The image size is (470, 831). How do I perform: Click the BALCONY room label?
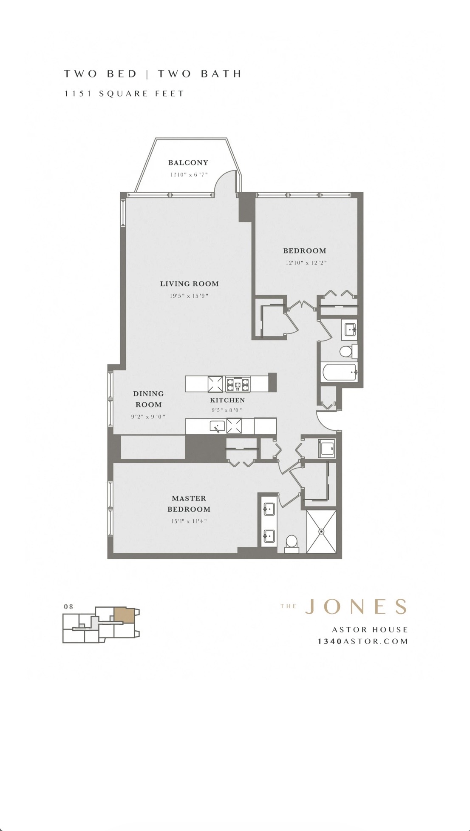(188, 162)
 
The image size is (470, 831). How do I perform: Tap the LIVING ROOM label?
(189, 284)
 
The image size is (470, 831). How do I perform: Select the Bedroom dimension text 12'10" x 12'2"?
(306, 263)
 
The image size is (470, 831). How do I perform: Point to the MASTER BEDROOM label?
(189, 504)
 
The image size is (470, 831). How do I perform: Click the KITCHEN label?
(227, 400)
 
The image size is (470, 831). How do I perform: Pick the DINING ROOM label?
(148, 399)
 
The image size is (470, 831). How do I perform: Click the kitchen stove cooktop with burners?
(238, 384)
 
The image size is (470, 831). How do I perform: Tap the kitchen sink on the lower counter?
(217, 426)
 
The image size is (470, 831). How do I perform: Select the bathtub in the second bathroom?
(340, 373)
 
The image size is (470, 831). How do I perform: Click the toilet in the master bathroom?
(292, 544)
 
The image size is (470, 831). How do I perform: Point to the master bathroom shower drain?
(321, 531)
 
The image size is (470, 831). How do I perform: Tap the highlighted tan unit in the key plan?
(124, 615)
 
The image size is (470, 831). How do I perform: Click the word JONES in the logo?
(356, 607)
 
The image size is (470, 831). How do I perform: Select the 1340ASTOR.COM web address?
(362, 641)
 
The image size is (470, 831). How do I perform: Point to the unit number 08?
(68, 606)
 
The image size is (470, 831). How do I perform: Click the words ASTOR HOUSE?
(370, 629)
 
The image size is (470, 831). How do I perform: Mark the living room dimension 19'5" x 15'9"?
(189, 296)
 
